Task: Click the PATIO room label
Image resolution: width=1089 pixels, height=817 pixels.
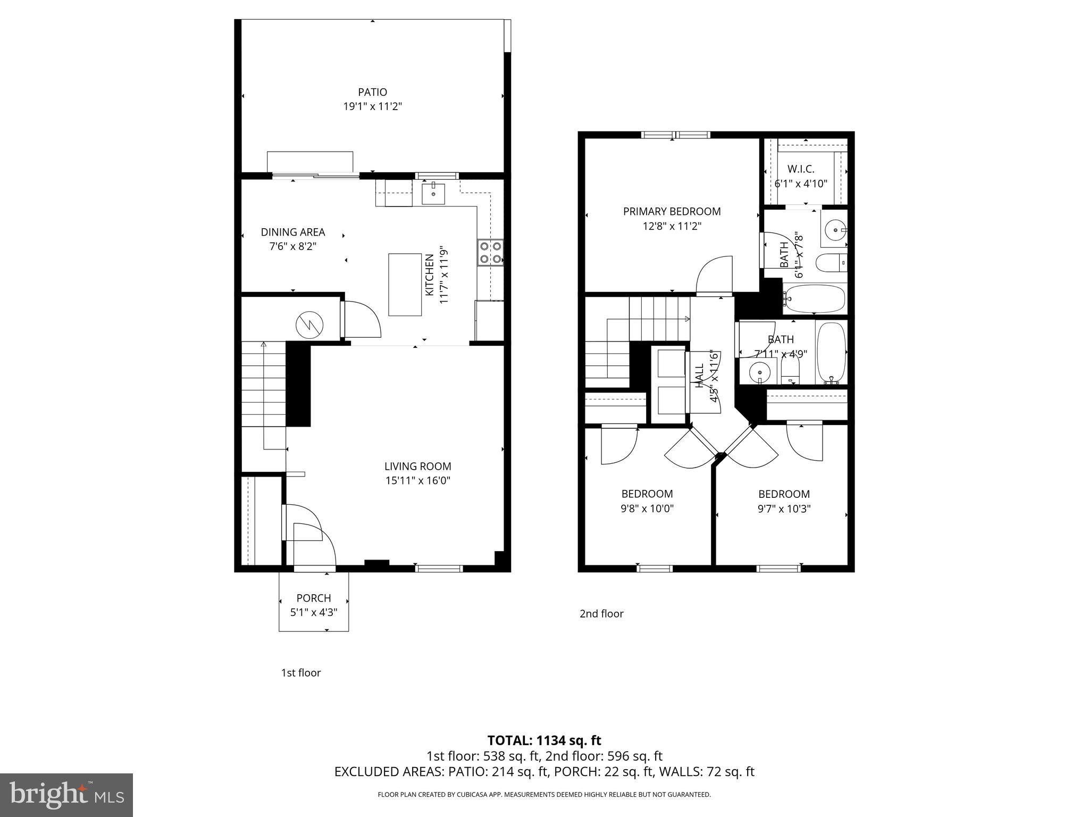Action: coord(372,92)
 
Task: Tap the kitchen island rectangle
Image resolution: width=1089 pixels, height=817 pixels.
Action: coord(405,285)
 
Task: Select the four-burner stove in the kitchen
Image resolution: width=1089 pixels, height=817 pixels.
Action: coord(490,253)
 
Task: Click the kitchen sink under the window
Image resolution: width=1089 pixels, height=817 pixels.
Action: coord(434,194)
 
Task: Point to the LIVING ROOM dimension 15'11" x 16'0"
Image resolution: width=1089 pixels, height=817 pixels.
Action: coord(418,481)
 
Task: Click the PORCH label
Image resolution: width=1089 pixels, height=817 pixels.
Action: coord(314,598)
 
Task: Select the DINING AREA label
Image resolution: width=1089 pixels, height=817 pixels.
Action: coord(292,232)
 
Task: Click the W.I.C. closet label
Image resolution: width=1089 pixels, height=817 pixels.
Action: coord(801,169)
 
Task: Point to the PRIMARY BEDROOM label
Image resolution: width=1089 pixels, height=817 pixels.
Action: coord(672,211)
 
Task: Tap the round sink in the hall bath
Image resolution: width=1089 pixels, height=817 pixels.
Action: coord(760,372)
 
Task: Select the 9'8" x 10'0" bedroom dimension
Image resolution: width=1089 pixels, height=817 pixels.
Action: coord(647,508)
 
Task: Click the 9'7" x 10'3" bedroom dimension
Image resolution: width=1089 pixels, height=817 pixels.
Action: coord(784,508)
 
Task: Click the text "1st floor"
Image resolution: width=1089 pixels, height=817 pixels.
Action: coord(301,673)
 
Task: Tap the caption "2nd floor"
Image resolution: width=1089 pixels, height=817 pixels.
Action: coord(601,614)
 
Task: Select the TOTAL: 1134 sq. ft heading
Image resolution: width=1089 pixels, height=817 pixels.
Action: coord(544,740)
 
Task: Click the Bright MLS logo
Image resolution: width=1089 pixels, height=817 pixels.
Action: coord(66,795)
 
